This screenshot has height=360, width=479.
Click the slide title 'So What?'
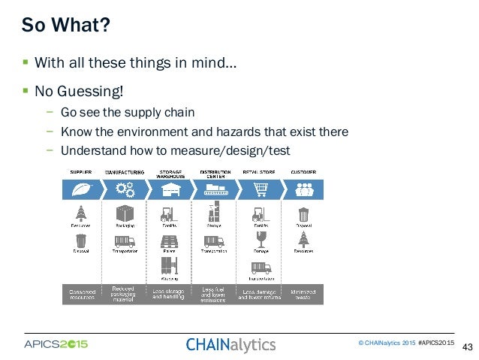66,26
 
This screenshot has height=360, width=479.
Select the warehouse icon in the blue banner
170,189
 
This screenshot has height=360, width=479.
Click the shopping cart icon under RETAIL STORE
259,189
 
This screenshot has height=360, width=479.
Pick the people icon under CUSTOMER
303,189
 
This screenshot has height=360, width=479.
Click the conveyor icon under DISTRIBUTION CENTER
215,189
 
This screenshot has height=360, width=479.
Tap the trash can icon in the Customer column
303,214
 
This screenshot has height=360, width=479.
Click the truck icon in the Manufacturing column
125,242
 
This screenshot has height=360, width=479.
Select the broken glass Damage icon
259,241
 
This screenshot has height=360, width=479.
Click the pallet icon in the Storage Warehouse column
170,242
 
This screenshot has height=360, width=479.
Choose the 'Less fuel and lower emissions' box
215,293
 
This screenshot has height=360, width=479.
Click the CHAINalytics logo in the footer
230,345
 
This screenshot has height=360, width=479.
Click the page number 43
467,347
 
